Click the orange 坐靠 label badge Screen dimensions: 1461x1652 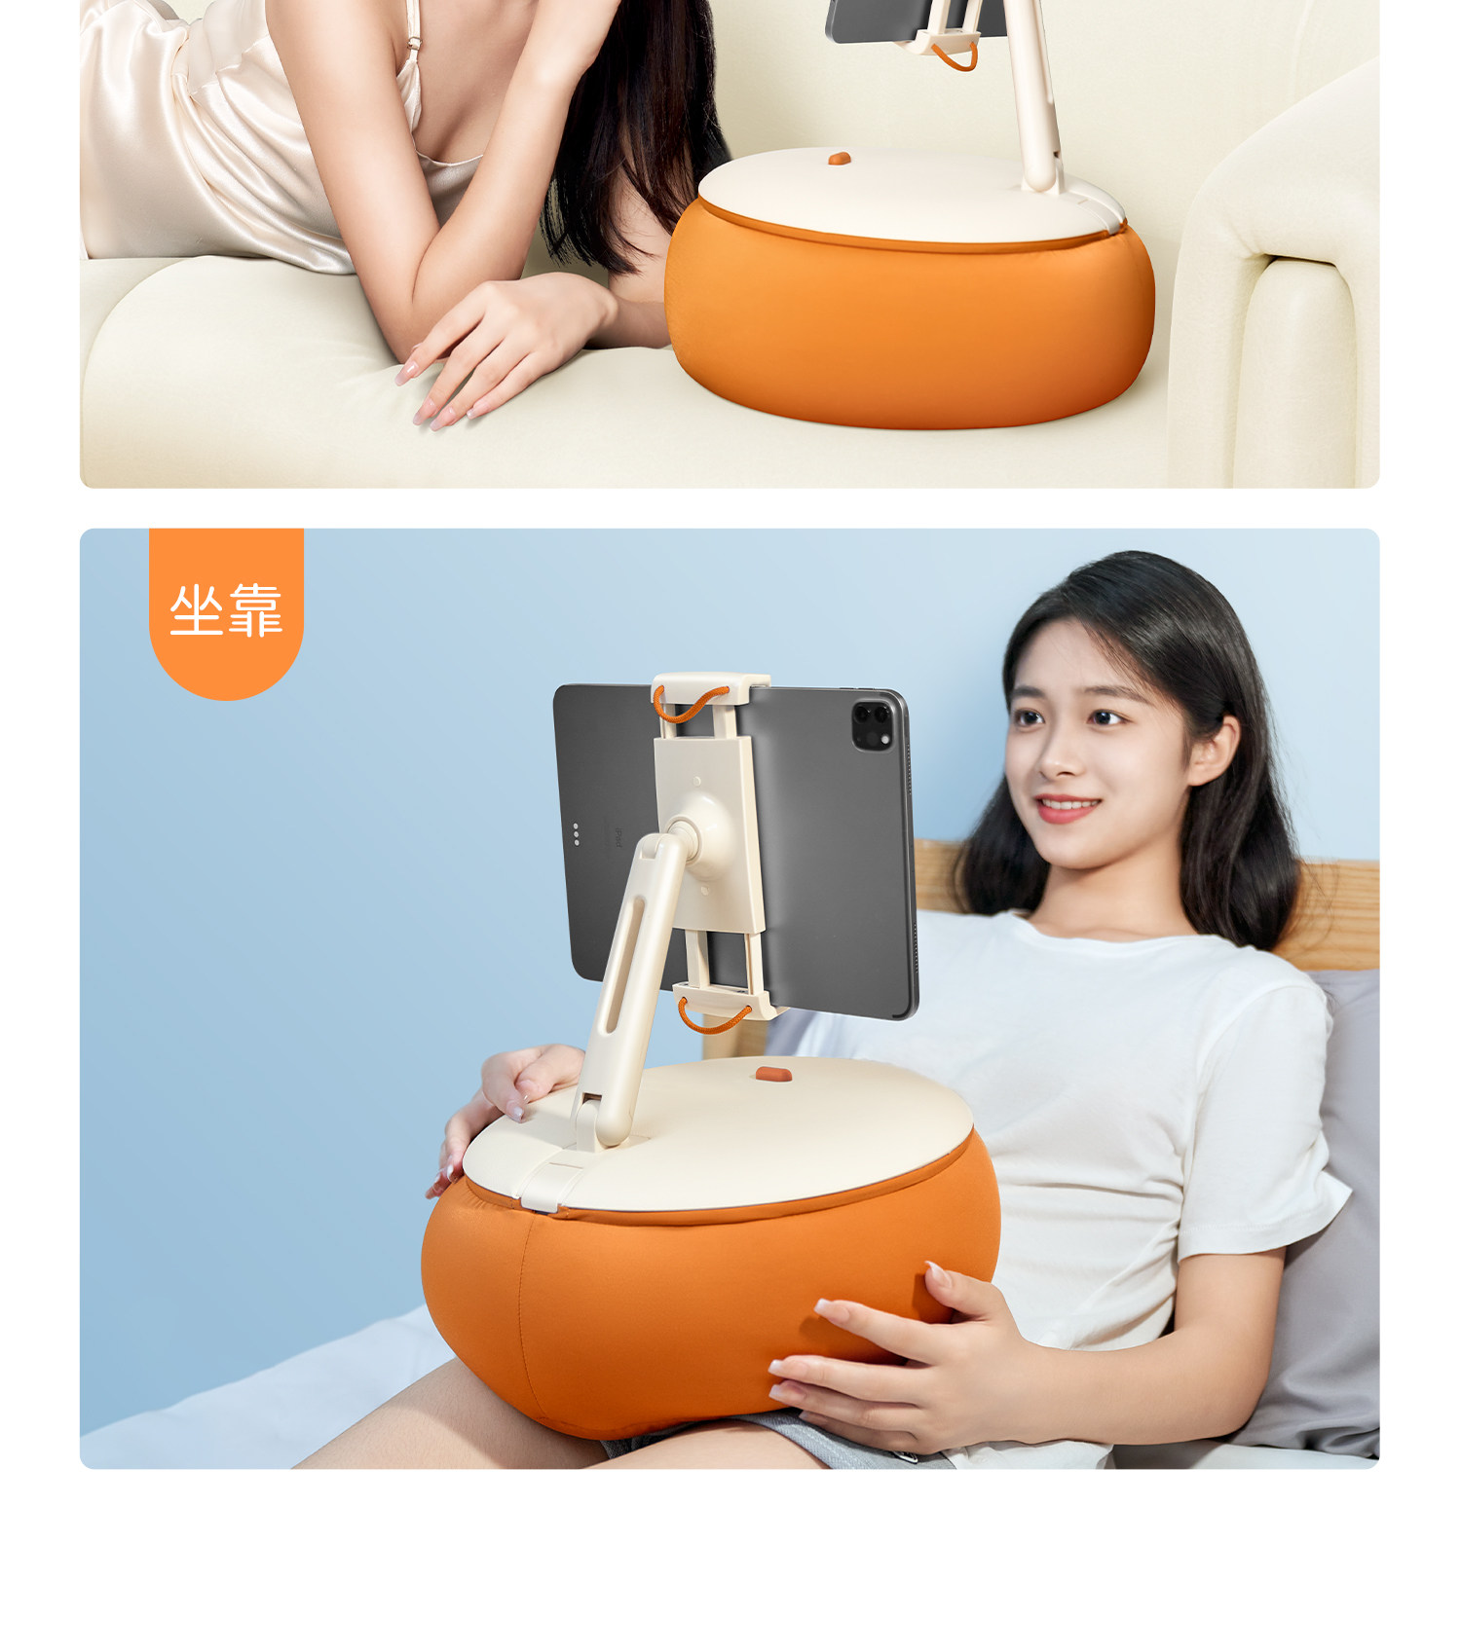point(226,612)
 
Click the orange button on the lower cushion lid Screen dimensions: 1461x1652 point(772,1074)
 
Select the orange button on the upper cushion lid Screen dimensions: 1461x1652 point(840,158)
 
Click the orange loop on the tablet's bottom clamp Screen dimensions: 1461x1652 point(713,1018)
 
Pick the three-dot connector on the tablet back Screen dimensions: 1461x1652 point(576,834)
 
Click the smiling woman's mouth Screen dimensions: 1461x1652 point(1068,808)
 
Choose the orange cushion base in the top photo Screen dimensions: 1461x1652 point(910,321)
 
